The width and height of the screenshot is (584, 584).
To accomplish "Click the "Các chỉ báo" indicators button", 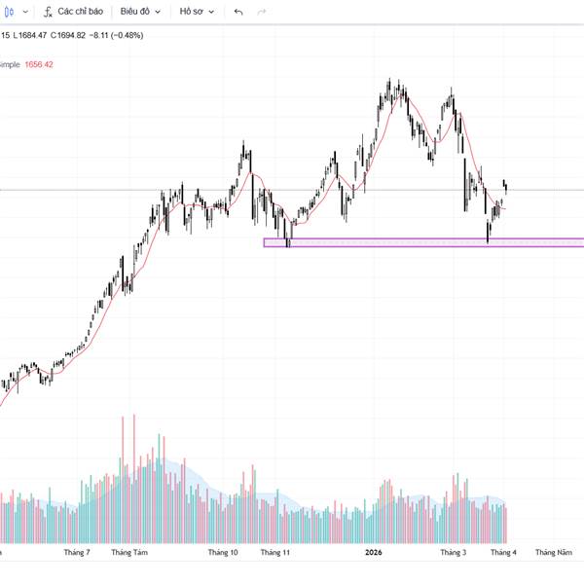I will pyautogui.click(x=73, y=12).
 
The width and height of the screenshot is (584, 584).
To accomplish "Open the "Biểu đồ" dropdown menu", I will pyautogui.click(x=140, y=12).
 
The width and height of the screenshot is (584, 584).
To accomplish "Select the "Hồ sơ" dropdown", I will pyautogui.click(x=196, y=12).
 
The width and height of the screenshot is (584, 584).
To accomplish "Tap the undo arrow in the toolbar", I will pyautogui.click(x=238, y=12).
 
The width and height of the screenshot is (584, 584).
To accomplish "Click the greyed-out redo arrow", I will pyautogui.click(x=261, y=12).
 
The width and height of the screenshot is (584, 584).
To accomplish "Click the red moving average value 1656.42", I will pyautogui.click(x=38, y=64).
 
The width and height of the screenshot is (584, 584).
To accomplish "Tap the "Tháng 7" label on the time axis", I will pyautogui.click(x=76, y=553).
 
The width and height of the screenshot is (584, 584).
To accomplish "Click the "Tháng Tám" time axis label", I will pyautogui.click(x=128, y=553).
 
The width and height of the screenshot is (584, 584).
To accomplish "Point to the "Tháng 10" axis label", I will pyautogui.click(x=223, y=553).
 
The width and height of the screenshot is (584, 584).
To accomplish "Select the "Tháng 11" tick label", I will pyautogui.click(x=275, y=553).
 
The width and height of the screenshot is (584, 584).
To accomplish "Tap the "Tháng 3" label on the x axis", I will pyautogui.click(x=453, y=553).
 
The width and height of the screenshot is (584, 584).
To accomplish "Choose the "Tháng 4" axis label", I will pyautogui.click(x=503, y=553).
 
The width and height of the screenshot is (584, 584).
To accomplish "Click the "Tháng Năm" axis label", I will pyautogui.click(x=553, y=553).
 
